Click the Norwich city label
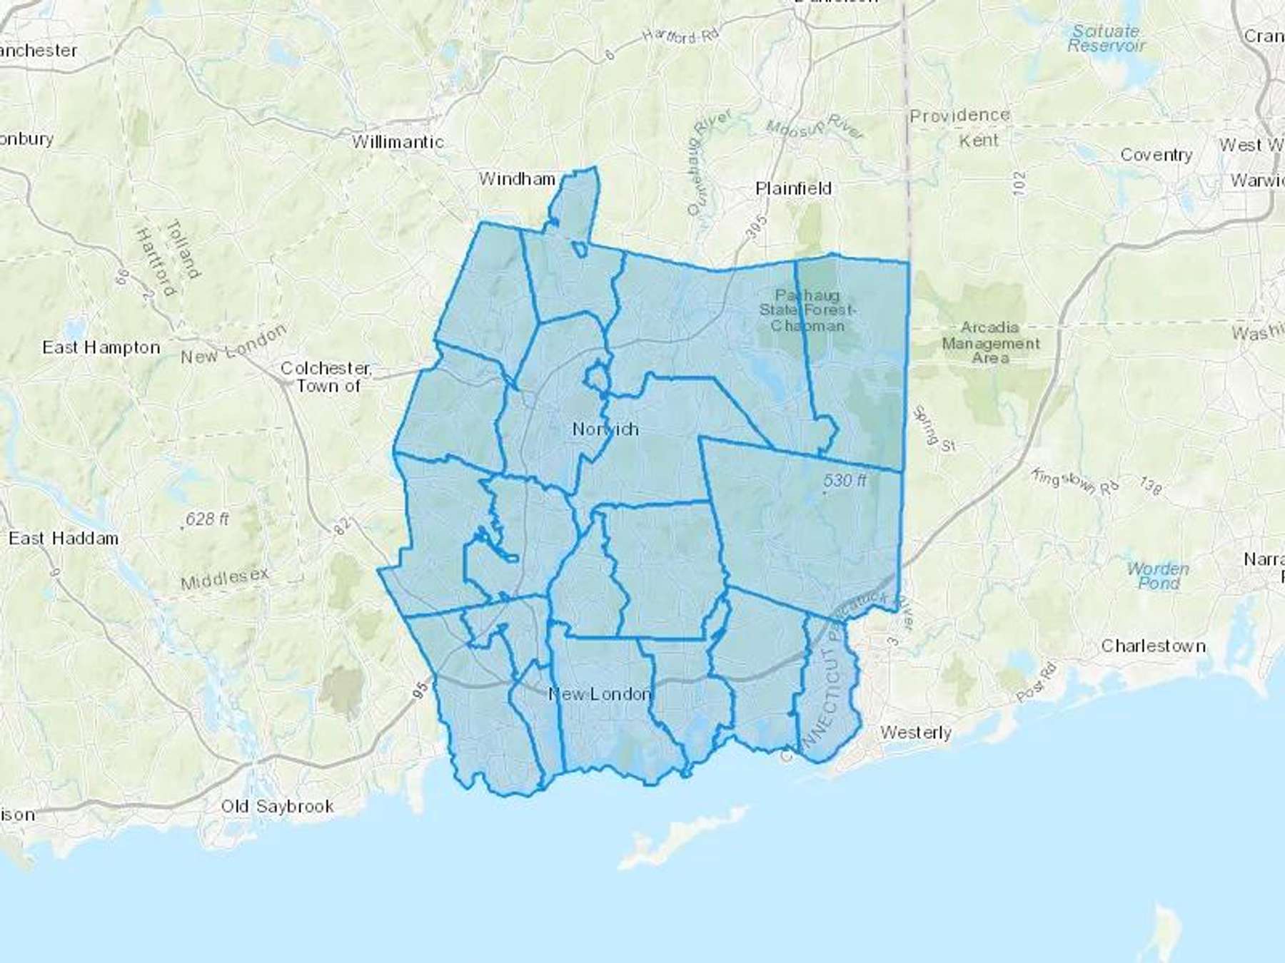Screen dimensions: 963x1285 pos(605,429)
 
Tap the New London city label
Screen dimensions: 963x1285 pos(600,693)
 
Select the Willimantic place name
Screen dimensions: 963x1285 pos(398,142)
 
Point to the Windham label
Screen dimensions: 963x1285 pos(517,178)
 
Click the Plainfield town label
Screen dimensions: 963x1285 pos(793,188)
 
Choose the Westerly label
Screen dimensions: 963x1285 pos(915,733)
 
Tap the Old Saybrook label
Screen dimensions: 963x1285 pos(277,806)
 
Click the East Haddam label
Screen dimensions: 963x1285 pos(64,538)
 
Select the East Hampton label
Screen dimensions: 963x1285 pos(101,347)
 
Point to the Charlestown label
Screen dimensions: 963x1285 pos(1153,646)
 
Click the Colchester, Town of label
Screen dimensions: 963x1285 pos(326,377)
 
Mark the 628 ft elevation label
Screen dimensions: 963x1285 pos(207,519)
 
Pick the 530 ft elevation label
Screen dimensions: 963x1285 pos(845,481)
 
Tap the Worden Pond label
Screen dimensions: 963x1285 pos(1158,576)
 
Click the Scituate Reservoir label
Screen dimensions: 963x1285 pos(1106,39)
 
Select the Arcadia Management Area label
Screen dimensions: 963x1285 pos(990,342)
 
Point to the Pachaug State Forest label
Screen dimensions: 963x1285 pos(807,310)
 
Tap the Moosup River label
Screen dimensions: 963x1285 pos(814,127)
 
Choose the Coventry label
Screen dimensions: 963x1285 pos(1156,155)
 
